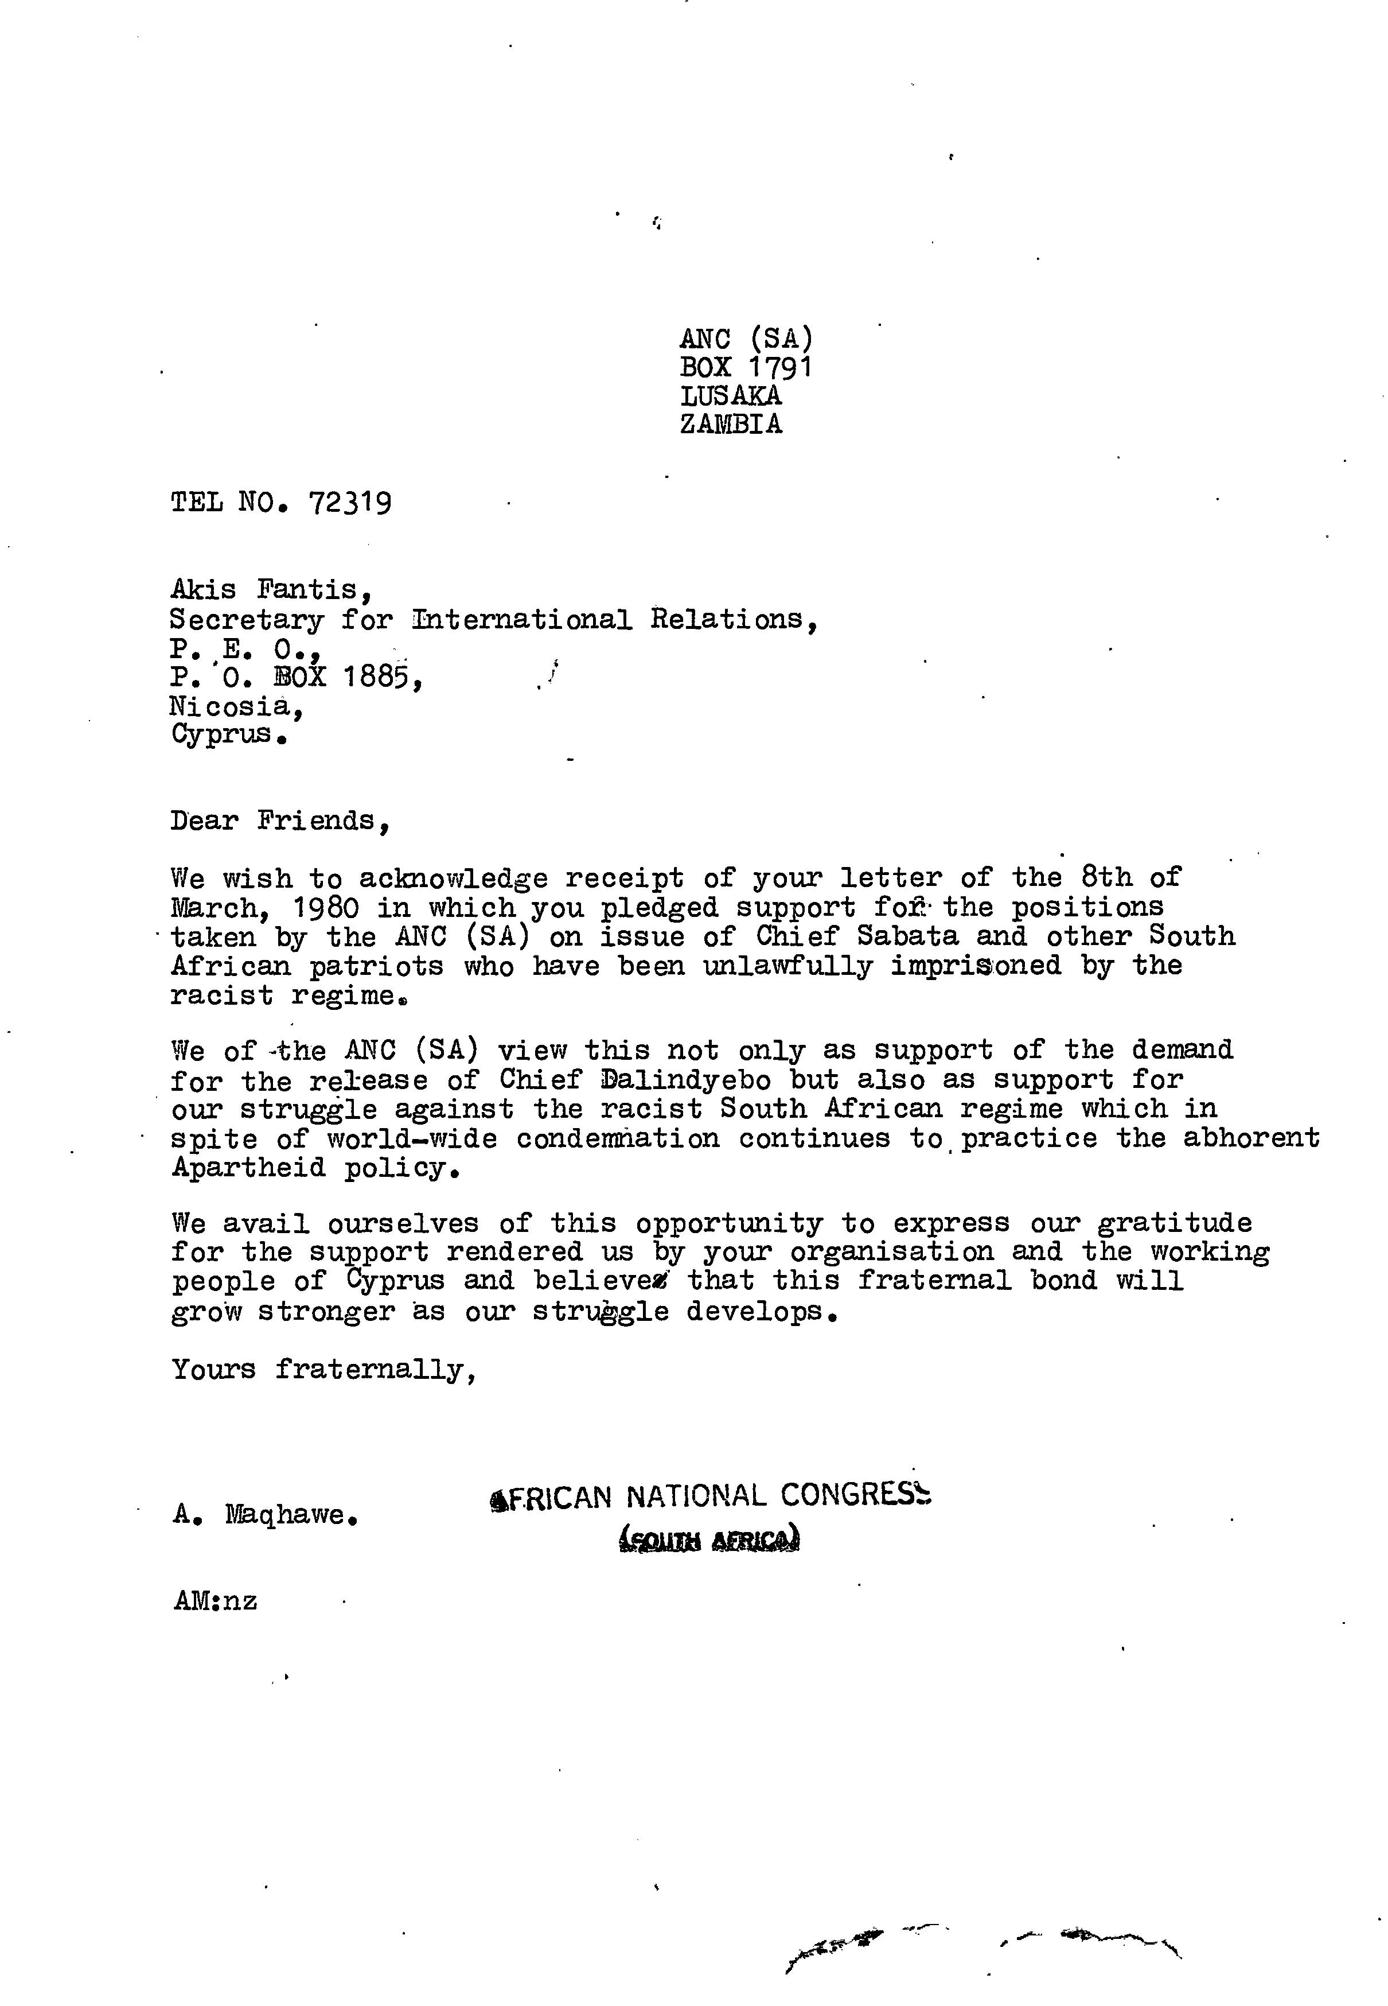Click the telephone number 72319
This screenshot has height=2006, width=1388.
(x=350, y=503)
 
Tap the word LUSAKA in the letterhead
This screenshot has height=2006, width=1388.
(x=731, y=396)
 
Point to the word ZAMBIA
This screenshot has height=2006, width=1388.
(x=731, y=425)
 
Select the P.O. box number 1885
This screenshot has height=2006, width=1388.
(x=382, y=676)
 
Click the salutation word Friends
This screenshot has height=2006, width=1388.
(x=322, y=821)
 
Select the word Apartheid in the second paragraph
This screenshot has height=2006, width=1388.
(x=248, y=1168)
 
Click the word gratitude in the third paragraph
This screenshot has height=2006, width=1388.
(x=1174, y=1223)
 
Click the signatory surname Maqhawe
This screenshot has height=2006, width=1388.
(x=290, y=1515)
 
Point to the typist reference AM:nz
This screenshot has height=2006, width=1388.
(x=215, y=1601)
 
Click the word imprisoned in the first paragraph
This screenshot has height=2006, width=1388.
(x=975, y=966)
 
